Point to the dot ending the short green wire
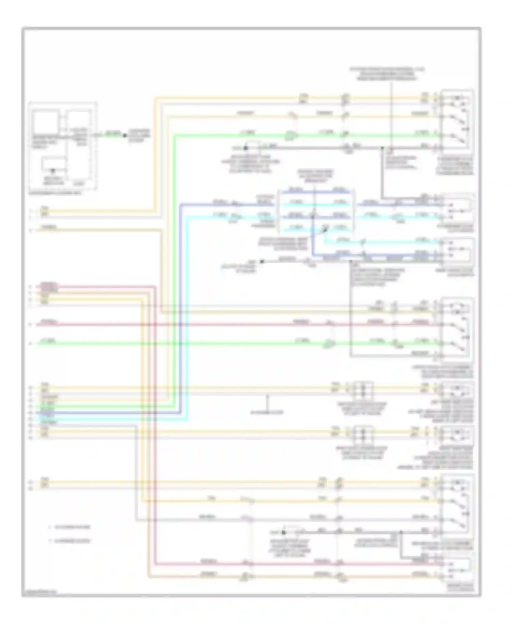pyautogui.click(x=125, y=136)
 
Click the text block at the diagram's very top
pyautogui.click(x=387, y=74)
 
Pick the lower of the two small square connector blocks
pyautogui.click(x=362, y=434)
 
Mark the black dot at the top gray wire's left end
pyautogui.click(x=245, y=148)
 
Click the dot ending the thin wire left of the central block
pyautogui.click(x=262, y=261)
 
